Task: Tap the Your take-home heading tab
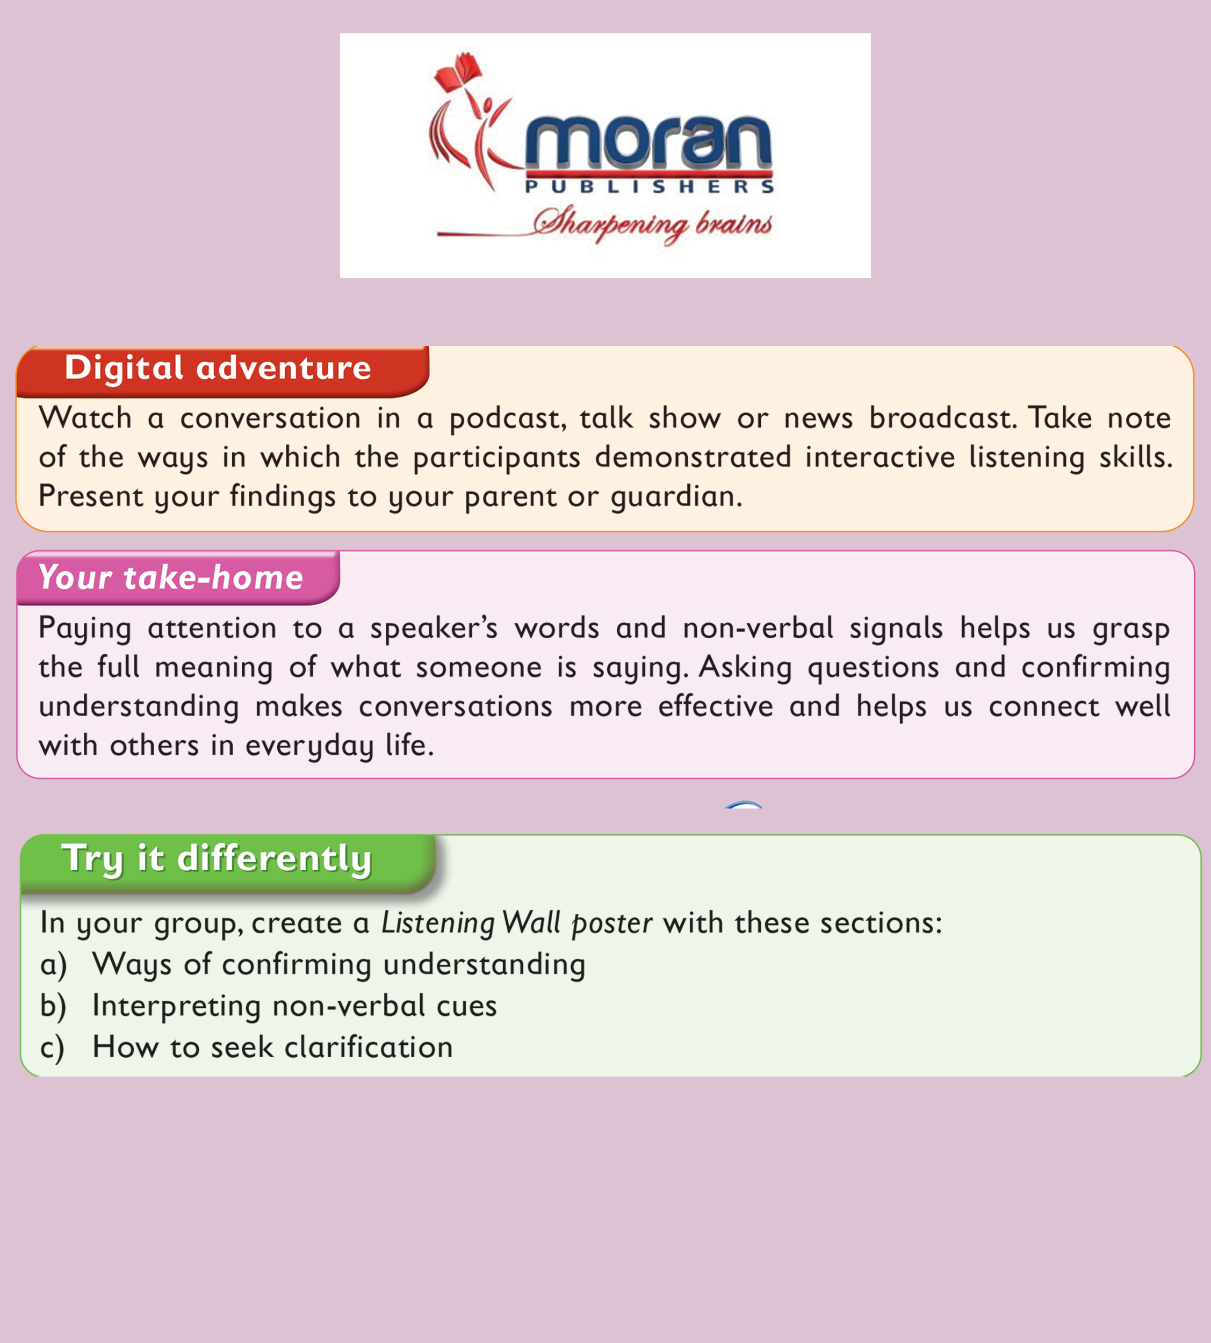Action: click(x=178, y=577)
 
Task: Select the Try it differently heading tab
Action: click(x=228, y=863)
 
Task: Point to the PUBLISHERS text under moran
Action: click(x=650, y=186)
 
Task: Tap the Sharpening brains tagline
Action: click(x=652, y=224)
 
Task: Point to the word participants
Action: click(x=496, y=458)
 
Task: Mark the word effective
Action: click(x=715, y=706)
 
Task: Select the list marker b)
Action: click(x=53, y=1006)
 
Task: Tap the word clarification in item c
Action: click(x=369, y=1047)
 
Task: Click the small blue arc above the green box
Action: click(x=743, y=804)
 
